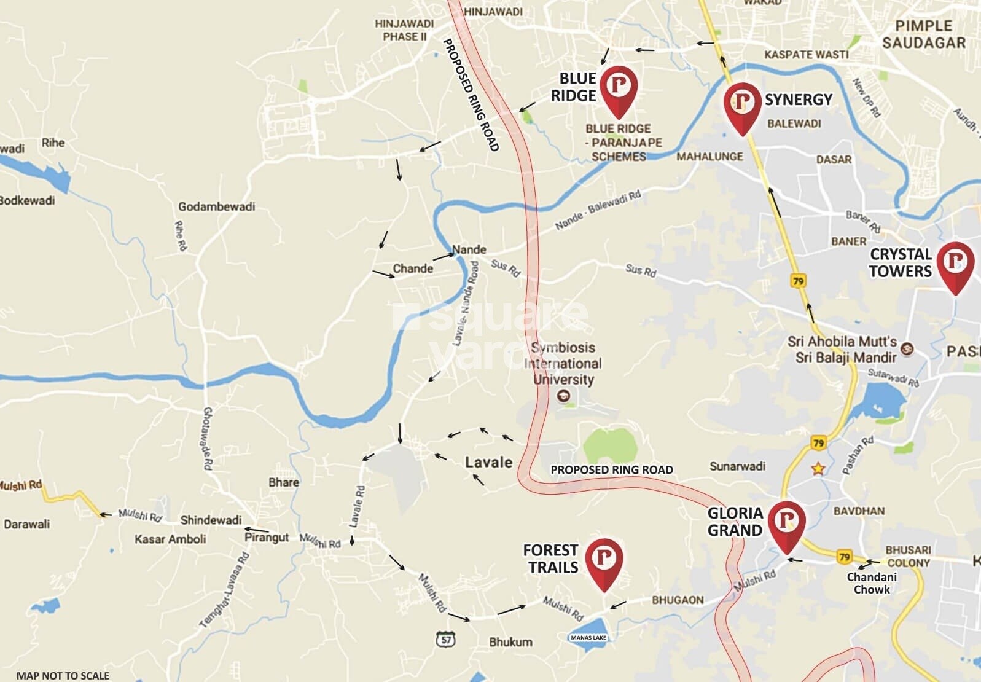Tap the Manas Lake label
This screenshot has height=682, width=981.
(588, 638)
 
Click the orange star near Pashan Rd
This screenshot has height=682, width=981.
(818, 469)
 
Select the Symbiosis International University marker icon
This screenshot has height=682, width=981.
(563, 396)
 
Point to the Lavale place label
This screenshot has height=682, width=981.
(488, 462)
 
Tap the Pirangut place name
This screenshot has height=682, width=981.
(267, 537)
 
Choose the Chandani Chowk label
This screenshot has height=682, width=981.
(872, 583)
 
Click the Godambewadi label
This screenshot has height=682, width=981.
(216, 206)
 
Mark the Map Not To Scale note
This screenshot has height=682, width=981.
(63, 675)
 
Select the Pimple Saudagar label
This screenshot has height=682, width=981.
(923, 34)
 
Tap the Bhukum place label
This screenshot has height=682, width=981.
(510, 642)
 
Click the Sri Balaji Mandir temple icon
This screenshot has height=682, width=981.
(907, 350)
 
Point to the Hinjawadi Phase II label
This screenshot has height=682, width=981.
(404, 30)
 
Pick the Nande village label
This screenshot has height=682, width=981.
(469, 249)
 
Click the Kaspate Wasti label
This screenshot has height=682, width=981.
(806, 55)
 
